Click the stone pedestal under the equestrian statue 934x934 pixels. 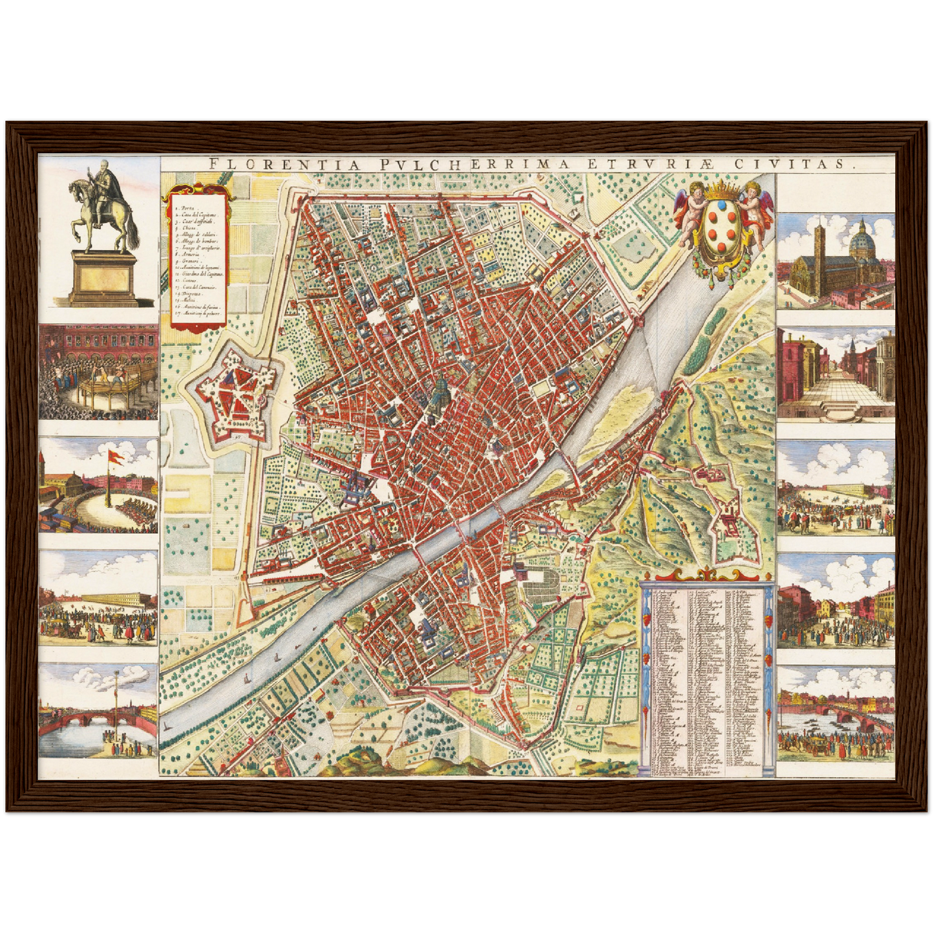click(103, 278)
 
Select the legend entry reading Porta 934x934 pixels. click(187, 208)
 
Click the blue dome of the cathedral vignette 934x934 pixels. click(862, 240)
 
